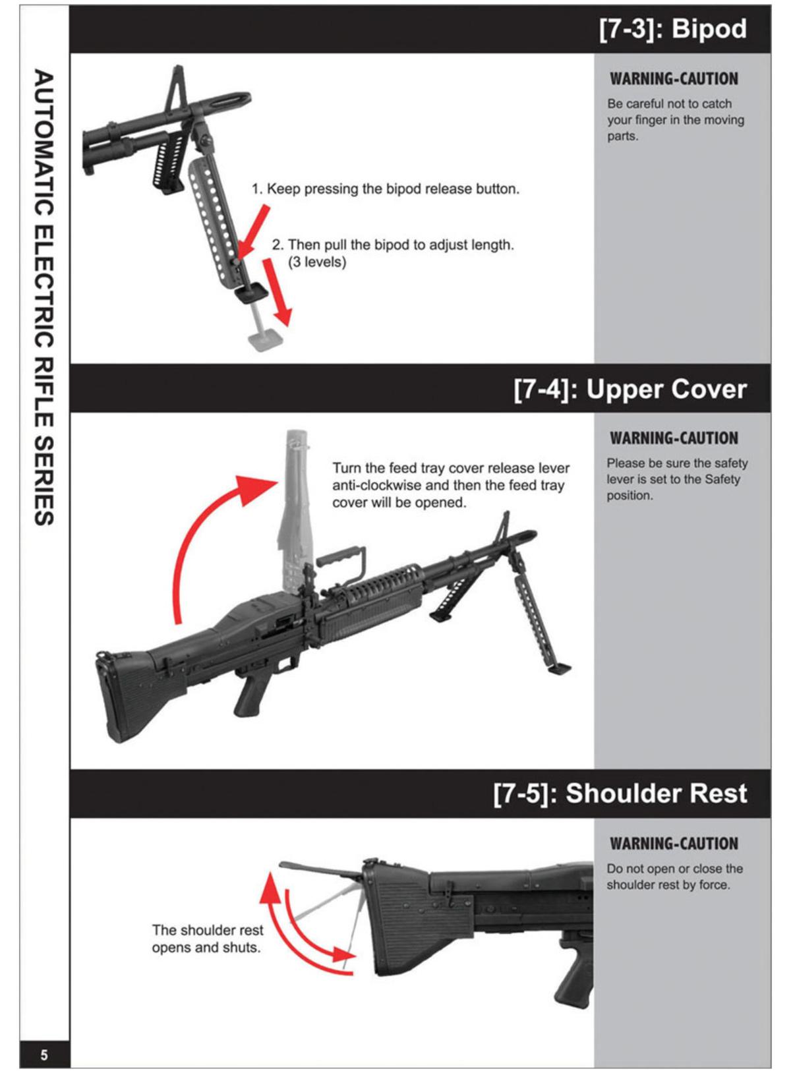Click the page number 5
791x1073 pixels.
point(44,1055)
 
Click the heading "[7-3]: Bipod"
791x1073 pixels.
point(672,30)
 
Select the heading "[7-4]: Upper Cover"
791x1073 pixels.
point(630,390)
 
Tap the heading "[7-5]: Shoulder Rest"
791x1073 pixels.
point(620,794)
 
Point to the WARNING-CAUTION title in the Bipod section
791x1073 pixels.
point(674,79)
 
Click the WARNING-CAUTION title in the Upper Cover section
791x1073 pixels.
point(674,438)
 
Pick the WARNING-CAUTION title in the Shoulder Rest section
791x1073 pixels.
point(674,844)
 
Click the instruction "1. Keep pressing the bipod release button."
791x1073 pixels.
point(386,189)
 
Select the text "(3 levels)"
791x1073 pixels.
point(317,262)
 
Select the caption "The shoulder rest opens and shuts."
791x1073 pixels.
point(207,939)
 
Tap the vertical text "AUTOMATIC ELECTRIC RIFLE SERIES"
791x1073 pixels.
point(44,297)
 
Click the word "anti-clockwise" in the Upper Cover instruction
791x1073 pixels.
point(376,486)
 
